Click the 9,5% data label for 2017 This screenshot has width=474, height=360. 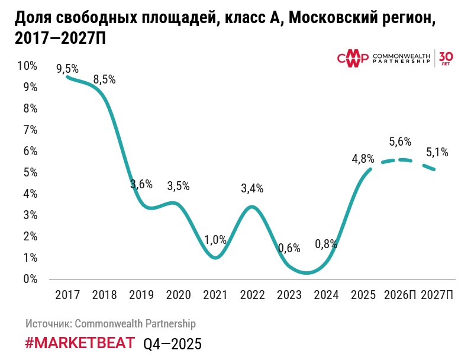67,69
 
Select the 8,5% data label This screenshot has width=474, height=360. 104,79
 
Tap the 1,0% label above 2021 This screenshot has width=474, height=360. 215,240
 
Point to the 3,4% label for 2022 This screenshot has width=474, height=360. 252,189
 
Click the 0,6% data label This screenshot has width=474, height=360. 289,249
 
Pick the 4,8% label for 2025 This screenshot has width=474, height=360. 362,159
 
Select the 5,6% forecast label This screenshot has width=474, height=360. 400,142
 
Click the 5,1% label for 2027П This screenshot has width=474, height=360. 437,152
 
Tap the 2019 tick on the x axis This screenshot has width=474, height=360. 141,295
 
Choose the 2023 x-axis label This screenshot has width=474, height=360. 289,295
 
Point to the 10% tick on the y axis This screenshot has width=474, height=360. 28,66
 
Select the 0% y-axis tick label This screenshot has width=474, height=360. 30,279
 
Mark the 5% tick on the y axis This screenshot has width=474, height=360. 30,172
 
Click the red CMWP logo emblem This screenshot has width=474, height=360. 352,58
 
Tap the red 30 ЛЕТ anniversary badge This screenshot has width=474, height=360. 446,57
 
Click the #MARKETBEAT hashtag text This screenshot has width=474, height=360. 80,343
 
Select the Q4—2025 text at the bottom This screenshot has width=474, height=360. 172,343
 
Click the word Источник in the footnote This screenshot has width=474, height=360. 49,324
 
